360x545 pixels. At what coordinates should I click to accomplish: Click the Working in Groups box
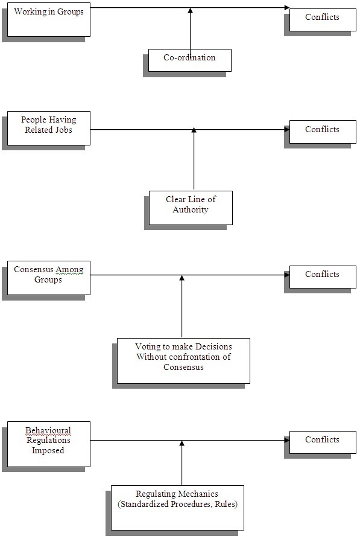(49, 19)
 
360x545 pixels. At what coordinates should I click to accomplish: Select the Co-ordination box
(190, 60)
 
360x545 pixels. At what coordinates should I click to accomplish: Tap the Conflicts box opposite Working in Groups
(323, 20)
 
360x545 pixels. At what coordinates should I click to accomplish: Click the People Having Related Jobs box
(49, 129)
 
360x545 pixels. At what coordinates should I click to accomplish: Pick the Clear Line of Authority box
(191, 208)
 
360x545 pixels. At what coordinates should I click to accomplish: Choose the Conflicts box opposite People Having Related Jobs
(323, 132)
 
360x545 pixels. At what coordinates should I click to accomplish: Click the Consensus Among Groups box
(49, 278)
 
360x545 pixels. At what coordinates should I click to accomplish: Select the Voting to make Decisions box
(183, 361)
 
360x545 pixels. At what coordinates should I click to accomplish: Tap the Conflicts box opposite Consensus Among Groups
(323, 276)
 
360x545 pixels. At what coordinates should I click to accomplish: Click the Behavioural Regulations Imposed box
(49, 444)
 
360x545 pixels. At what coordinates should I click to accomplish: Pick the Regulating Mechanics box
(177, 508)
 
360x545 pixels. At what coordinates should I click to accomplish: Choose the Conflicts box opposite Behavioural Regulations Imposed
(323, 442)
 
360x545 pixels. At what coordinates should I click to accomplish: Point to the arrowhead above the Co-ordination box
(190, 10)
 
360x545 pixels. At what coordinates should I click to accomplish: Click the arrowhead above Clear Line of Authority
(194, 130)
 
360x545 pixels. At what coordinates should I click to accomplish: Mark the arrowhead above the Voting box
(182, 278)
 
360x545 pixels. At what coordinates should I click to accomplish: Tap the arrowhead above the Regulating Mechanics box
(182, 443)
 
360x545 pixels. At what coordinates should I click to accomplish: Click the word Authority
(191, 209)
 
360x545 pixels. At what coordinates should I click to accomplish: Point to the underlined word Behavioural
(48, 430)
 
